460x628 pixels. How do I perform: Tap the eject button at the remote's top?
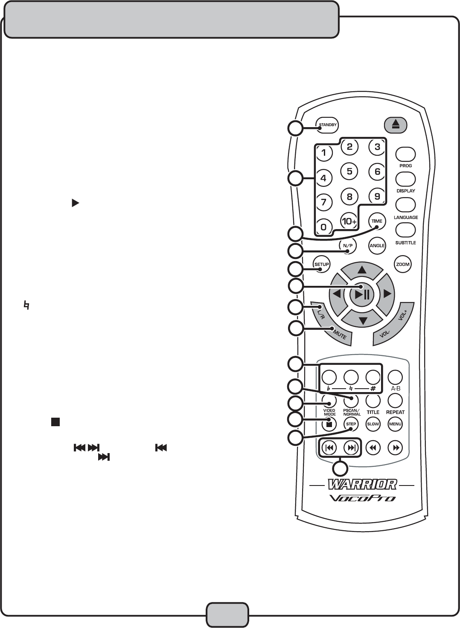pyautogui.click(x=396, y=125)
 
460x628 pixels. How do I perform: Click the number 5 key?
pyautogui.click(x=349, y=172)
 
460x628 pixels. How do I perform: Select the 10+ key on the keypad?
pyautogui.click(x=349, y=221)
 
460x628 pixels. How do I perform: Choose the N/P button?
pyautogui.click(x=348, y=245)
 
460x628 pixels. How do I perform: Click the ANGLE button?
pyautogui.click(x=377, y=245)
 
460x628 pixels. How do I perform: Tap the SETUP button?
pyautogui.click(x=321, y=264)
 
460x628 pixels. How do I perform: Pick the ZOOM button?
pyautogui.click(x=402, y=264)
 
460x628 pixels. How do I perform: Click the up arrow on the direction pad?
pyautogui.click(x=362, y=270)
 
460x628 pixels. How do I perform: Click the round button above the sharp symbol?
pyautogui.click(x=373, y=377)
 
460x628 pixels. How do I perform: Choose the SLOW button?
pyautogui.click(x=373, y=424)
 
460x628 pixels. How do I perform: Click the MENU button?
pyautogui.click(x=395, y=424)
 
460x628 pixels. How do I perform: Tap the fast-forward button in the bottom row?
pyautogui.click(x=396, y=448)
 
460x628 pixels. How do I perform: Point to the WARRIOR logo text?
pyautogui.click(x=362, y=484)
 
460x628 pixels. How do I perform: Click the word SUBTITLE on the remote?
pyautogui.click(x=405, y=243)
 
